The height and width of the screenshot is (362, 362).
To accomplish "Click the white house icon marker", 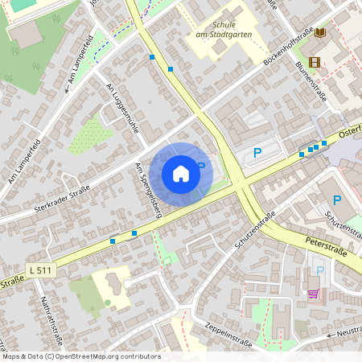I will (181, 173).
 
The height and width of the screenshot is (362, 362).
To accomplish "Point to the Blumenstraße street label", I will (311, 76).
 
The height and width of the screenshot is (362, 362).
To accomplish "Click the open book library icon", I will (321, 32).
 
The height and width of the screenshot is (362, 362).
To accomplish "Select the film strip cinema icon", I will (314, 62).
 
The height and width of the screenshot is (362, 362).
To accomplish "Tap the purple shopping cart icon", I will (312, 293).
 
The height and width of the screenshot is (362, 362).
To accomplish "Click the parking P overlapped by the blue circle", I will (201, 167).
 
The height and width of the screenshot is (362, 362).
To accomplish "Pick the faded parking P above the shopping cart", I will (319, 271).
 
